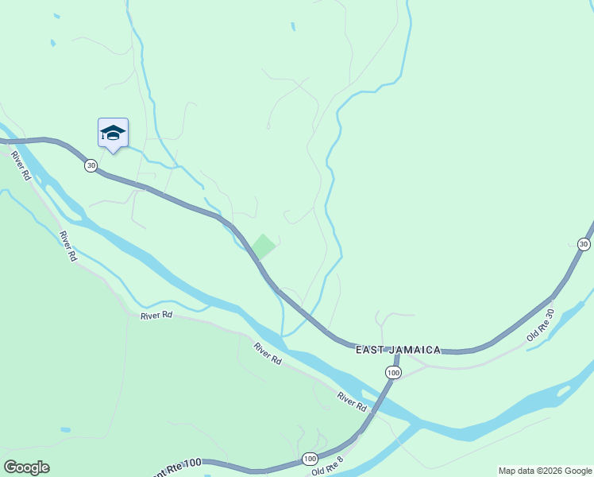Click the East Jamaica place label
click(x=398, y=350)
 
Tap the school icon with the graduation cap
click(x=113, y=133)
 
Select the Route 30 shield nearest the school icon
click(x=91, y=165)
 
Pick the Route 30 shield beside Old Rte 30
click(x=584, y=244)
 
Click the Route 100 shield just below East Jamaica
click(x=393, y=372)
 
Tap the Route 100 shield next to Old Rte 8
click(x=309, y=459)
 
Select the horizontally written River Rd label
click(x=156, y=316)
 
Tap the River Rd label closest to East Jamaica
click(x=352, y=401)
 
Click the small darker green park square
click(x=264, y=246)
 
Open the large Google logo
click(x=26, y=467)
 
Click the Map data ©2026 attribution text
click(x=544, y=471)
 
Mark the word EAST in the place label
click(x=370, y=350)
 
